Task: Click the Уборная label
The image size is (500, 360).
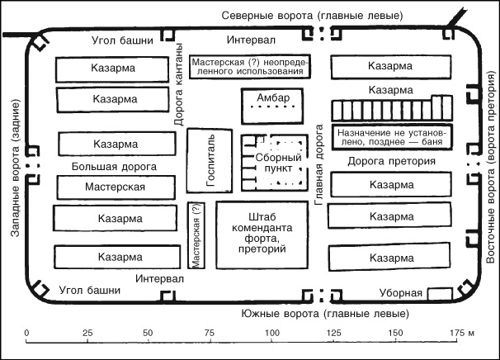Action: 401,294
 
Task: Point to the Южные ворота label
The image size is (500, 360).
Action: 318,314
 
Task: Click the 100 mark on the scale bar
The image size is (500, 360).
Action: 271,332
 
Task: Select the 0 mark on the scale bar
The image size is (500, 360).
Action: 27,332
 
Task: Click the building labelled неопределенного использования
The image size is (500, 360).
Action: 249,66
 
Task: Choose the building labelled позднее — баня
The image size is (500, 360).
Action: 391,136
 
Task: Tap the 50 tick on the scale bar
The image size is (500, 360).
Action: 149,332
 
